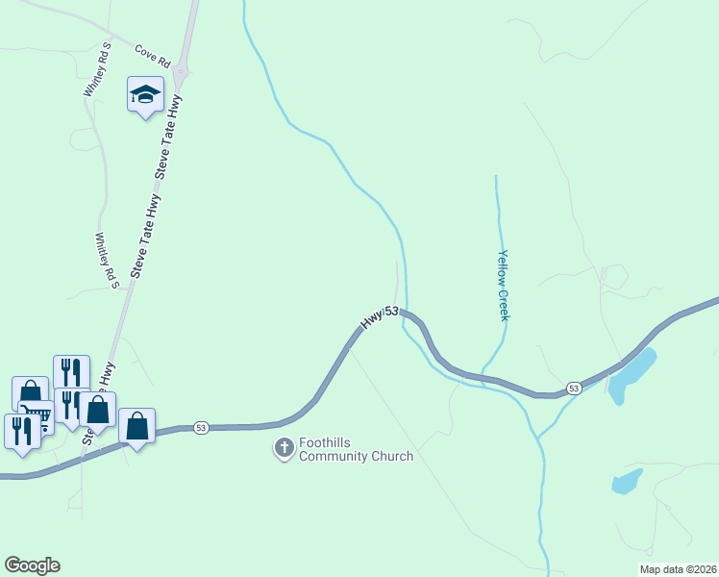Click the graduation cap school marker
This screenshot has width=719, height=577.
pos(144,95)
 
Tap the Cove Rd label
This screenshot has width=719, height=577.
pos(152,55)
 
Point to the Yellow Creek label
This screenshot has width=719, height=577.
pos(502,286)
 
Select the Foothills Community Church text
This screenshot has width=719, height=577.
pos(356,449)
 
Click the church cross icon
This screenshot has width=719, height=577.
pos(284,448)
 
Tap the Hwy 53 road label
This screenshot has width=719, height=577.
pos(379,317)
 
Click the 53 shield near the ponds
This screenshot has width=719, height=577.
pos(573,388)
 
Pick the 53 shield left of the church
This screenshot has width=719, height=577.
pos(200,427)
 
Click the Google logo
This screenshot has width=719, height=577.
pos(32,565)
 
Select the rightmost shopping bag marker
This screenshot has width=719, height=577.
pos(136,425)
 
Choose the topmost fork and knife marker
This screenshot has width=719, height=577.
pos(70,370)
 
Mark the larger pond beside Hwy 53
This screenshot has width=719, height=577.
pos(632,374)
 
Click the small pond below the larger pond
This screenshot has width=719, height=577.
pos(627,481)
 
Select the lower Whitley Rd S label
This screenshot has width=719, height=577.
pos(106,261)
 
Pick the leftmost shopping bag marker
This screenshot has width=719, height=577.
pos(30,392)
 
